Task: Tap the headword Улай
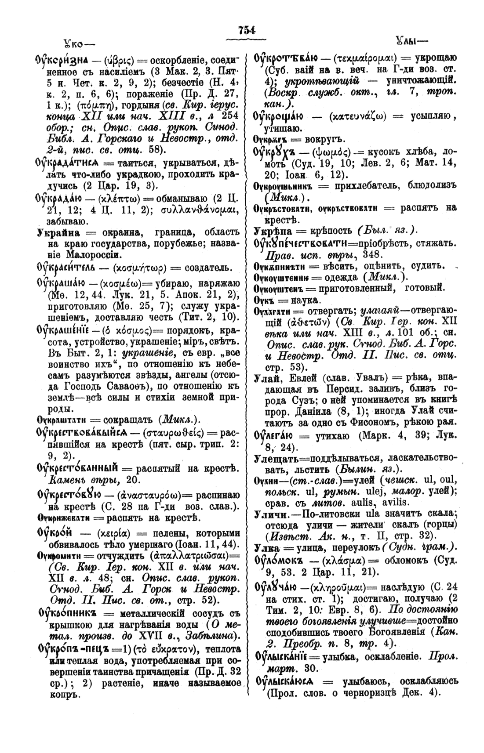(266, 376)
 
